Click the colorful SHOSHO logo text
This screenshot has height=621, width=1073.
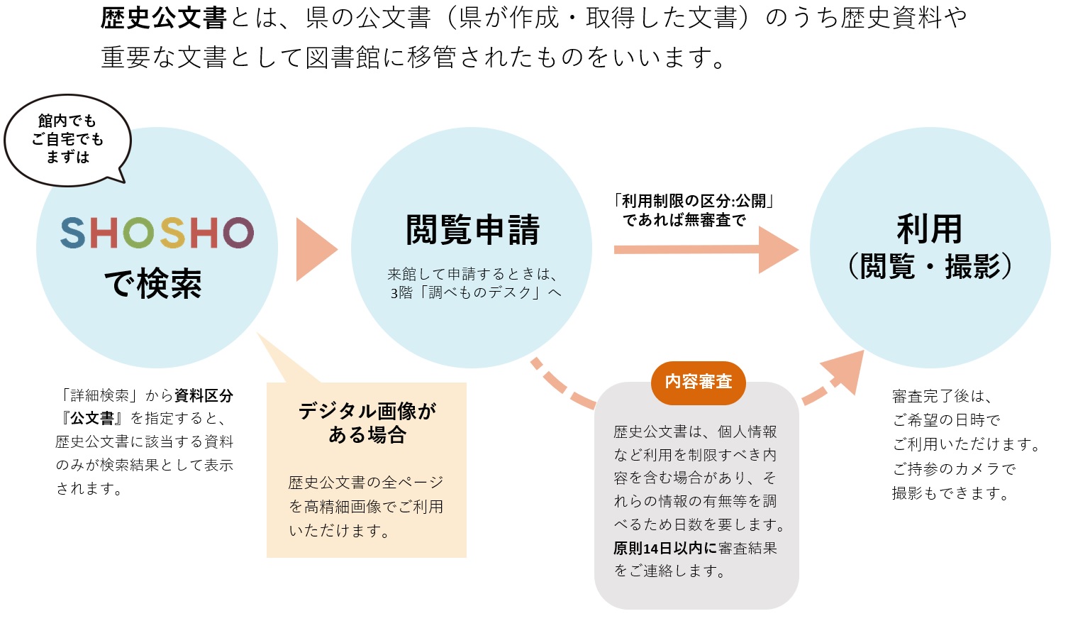[157, 233]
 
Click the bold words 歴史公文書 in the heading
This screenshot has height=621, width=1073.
[163, 18]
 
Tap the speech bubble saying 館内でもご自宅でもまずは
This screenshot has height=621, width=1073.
[67, 140]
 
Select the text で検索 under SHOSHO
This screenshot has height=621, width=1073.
[153, 284]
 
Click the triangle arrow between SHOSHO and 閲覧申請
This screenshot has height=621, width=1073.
[314, 249]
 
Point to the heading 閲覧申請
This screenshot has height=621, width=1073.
[472, 230]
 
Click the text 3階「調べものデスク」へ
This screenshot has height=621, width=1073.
[475, 292]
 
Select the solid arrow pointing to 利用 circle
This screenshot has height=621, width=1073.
[706, 249]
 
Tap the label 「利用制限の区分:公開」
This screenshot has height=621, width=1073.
[693, 201]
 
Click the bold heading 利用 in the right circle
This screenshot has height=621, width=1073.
[929, 229]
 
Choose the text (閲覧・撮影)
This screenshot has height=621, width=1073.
[929, 267]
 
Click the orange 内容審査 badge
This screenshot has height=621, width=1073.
[698, 382]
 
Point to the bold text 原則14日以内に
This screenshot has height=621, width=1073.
[665, 548]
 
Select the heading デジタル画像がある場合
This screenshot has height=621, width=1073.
[367, 422]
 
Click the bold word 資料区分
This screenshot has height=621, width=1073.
[204, 395]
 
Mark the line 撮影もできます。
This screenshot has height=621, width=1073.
[950, 493]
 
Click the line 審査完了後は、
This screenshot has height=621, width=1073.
[942, 396]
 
